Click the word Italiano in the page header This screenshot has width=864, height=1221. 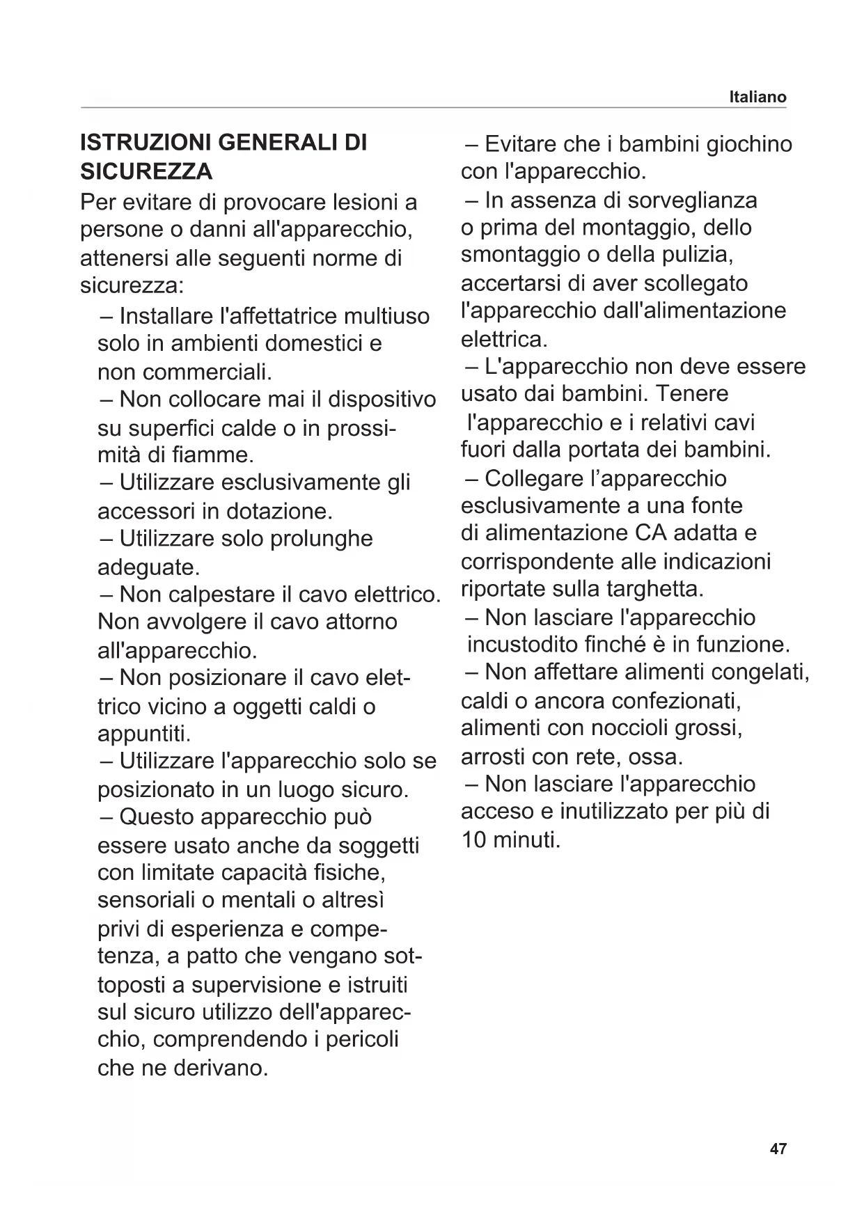(x=757, y=97)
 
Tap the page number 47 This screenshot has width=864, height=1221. (x=778, y=1149)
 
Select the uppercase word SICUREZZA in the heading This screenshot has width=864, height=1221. (x=147, y=171)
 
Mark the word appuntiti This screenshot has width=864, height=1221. (x=143, y=734)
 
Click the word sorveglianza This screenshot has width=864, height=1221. (x=692, y=200)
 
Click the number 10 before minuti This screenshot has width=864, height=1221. (x=474, y=840)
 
